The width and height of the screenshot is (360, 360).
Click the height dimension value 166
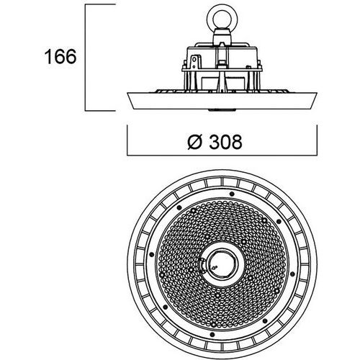pyautogui.click(x=60, y=57)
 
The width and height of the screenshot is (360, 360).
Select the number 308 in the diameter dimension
pyautogui.click(x=225, y=142)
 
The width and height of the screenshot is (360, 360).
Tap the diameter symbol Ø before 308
pyautogui.click(x=194, y=142)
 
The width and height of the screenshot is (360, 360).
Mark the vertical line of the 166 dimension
pyautogui.click(x=86, y=58)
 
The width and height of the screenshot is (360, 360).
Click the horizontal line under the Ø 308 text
pyautogui.click(x=222, y=156)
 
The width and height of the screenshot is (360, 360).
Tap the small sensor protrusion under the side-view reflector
pyautogui.click(x=222, y=110)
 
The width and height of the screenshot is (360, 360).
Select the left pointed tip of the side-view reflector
pyautogui.click(x=127, y=93)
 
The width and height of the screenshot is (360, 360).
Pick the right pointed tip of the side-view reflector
pyautogui.click(x=317, y=93)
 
